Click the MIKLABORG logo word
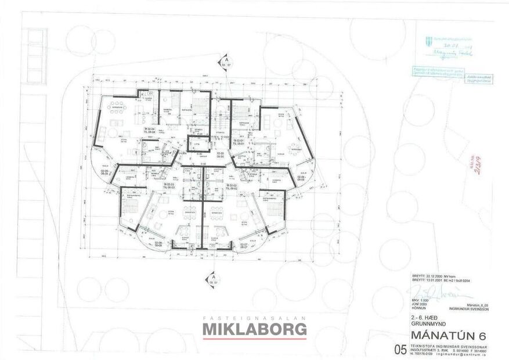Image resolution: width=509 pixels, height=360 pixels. pyautogui.click(x=254, y=330)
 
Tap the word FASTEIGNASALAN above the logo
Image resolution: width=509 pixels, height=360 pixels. pyautogui.click(x=254, y=318)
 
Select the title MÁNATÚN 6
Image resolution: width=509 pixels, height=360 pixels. pyautogui.click(x=447, y=336)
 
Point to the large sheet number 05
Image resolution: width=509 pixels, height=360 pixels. pyautogui.click(x=399, y=350)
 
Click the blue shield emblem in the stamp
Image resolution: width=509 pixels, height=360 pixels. pyautogui.click(x=428, y=41)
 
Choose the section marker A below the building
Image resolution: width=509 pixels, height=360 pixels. pyautogui.click(x=214, y=278)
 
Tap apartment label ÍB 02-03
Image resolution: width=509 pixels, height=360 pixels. pyautogui.click(x=168, y=185)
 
